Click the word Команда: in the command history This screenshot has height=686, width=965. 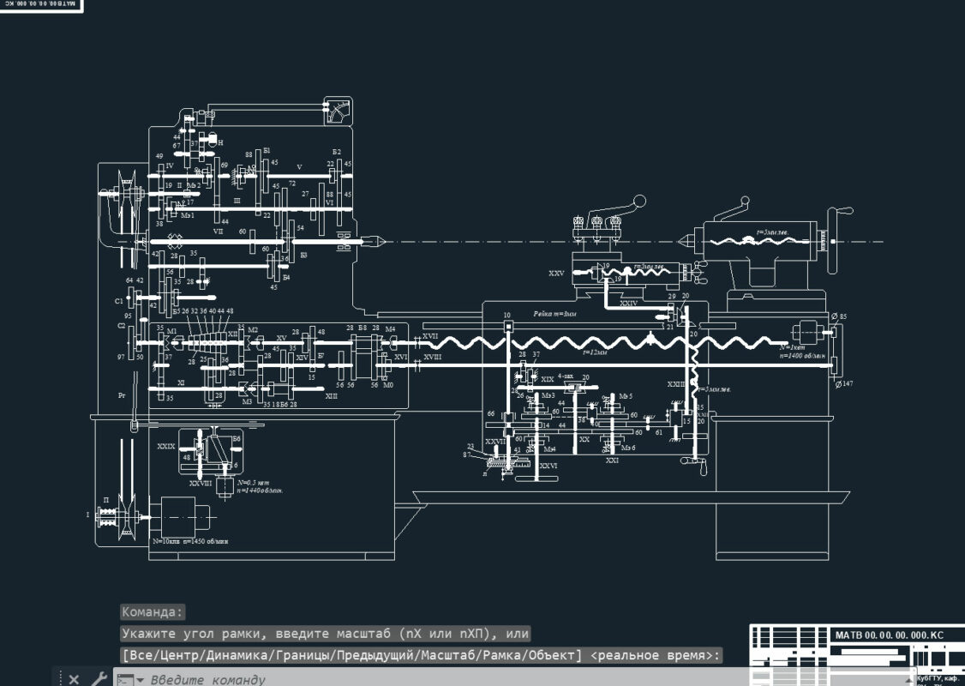click(x=153, y=612)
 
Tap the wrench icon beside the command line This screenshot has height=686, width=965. click(x=99, y=679)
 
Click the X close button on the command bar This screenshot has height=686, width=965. click(x=74, y=679)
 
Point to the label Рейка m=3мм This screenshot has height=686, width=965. click(x=554, y=315)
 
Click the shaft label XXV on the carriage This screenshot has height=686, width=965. click(x=556, y=273)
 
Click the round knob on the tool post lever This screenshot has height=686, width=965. click(x=638, y=202)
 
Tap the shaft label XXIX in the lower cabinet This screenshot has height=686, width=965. click(x=165, y=447)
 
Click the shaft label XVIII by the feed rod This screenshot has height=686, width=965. click(x=433, y=356)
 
